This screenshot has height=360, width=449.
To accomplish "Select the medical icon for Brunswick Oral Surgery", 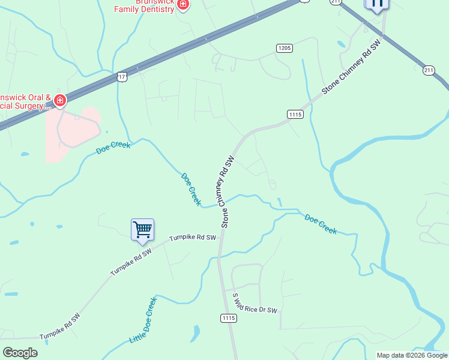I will pyautogui.click(x=59, y=100).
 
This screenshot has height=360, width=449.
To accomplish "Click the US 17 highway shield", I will pyautogui.click(x=122, y=77).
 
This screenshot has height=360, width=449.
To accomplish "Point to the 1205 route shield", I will pyautogui.click(x=284, y=48).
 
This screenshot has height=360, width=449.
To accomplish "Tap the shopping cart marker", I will pyautogui.click(x=142, y=229).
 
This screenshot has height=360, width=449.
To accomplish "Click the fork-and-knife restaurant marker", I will pyautogui.click(x=376, y=4).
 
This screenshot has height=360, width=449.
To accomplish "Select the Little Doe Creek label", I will pyautogui.click(x=143, y=320).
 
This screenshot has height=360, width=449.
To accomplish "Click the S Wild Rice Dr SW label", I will pyautogui.click(x=255, y=302).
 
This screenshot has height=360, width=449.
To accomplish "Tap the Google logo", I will pyautogui.click(x=20, y=352).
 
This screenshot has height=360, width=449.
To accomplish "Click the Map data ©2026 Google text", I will pyautogui.click(x=411, y=355).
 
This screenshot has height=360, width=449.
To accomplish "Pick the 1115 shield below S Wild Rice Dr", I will pyautogui.click(x=228, y=317).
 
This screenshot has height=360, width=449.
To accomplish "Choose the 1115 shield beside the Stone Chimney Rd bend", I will pyautogui.click(x=295, y=114).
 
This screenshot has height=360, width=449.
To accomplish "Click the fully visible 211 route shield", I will pyautogui.click(x=429, y=71).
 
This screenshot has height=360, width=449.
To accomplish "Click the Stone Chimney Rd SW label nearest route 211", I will pyautogui.click(x=351, y=67).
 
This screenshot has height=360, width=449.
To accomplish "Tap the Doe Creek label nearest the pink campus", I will pyautogui.click(x=113, y=148).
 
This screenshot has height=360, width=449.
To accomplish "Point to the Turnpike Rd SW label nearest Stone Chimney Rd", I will pyautogui.click(x=192, y=238).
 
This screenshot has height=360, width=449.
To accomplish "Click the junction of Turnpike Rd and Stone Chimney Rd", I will pyautogui.click(x=220, y=233).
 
